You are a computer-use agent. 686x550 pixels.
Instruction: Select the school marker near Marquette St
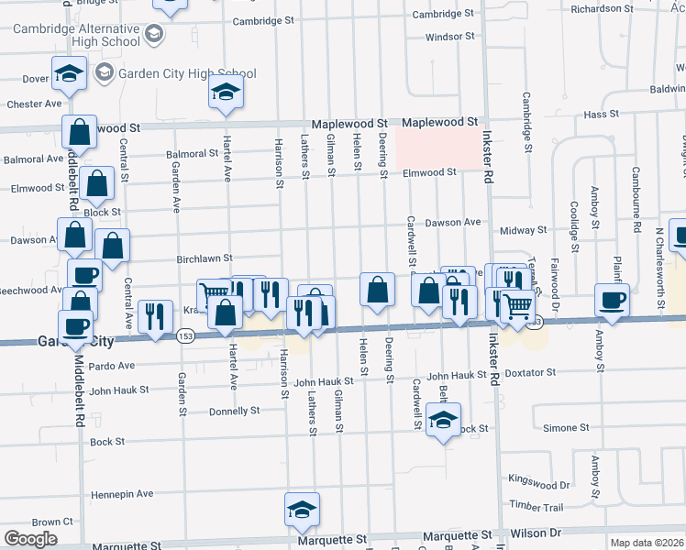302,511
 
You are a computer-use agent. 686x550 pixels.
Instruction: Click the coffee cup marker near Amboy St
612,300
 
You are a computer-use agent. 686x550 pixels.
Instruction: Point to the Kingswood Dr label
539,484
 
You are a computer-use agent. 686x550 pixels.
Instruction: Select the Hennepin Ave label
122,494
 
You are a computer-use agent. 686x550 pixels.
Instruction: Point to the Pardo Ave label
113,365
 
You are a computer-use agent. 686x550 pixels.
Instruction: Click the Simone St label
566,428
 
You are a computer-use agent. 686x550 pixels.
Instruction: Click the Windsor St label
449,37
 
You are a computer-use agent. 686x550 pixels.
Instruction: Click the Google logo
30,539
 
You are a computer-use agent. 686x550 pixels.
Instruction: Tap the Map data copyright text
647,543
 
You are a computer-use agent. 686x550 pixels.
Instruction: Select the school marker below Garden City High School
224,93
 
